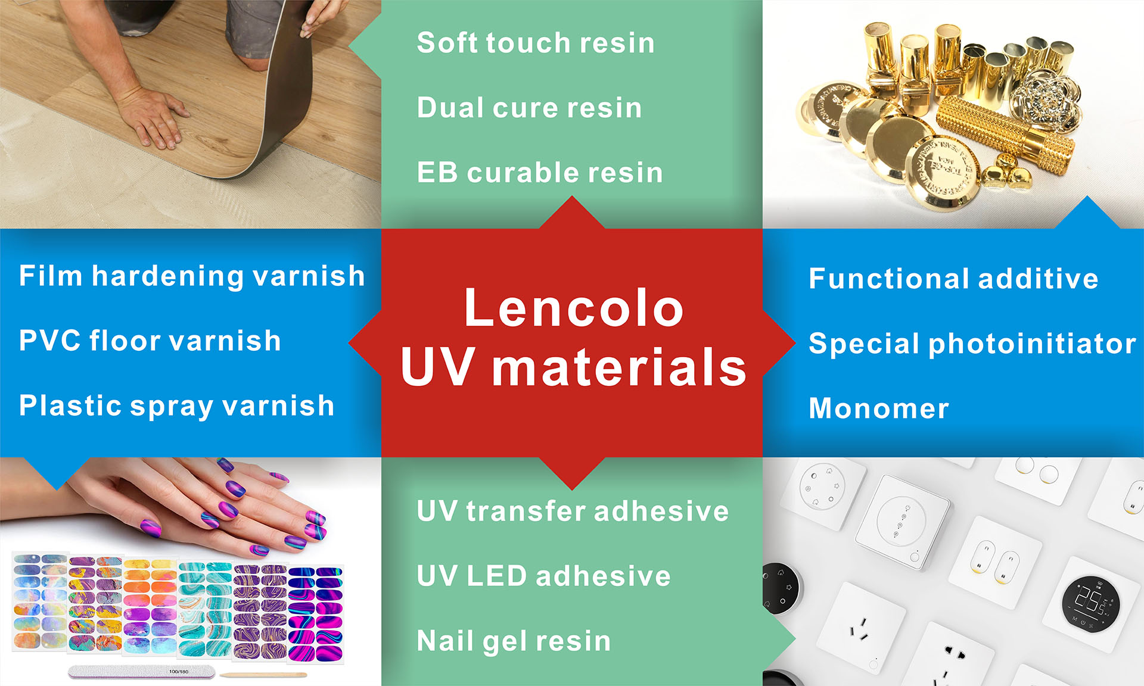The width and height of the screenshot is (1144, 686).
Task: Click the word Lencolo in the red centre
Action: coord(573,308)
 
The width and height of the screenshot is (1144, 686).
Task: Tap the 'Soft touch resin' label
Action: coord(536,43)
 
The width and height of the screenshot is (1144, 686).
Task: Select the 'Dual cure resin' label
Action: coord(529,108)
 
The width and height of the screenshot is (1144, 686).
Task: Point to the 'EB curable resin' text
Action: coord(540,173)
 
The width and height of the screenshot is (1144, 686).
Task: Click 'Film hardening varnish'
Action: coord(192,276)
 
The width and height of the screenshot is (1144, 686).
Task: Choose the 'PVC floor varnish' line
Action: coord(150,341)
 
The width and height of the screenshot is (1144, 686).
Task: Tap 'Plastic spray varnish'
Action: coord(176,406)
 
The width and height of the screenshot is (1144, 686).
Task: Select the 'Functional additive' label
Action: coord(953,279)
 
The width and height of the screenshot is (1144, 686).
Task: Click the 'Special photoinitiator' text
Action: coord(972,344)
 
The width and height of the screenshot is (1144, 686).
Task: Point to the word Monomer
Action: coord(879,409)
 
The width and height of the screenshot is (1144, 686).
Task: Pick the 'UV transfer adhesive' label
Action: coord(573,511)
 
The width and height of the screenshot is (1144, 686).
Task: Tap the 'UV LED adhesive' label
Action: coord(543,576)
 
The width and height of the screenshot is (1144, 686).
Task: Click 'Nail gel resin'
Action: coord(514,641)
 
